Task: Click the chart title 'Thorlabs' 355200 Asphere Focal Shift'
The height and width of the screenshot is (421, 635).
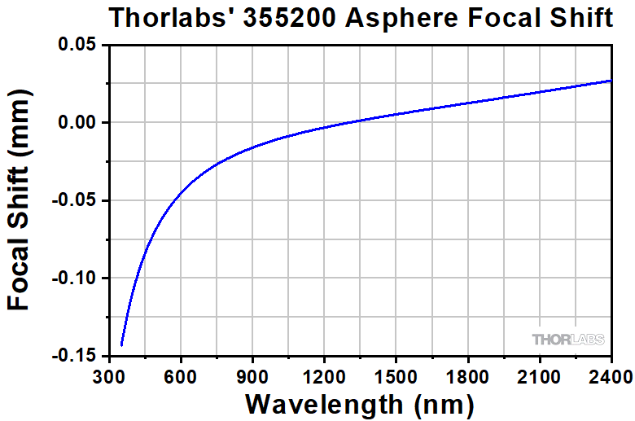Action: point(361,17)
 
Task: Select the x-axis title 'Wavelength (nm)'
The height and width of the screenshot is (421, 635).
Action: point(359,403)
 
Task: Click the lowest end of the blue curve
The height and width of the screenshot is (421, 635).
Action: point(121,345)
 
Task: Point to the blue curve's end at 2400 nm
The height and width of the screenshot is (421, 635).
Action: point(611,81)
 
